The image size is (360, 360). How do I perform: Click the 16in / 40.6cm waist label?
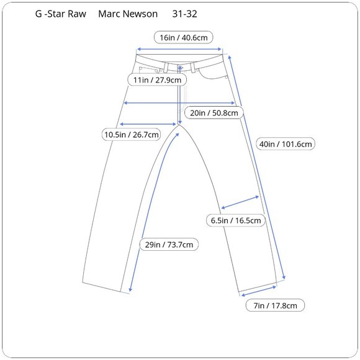pos(184,37)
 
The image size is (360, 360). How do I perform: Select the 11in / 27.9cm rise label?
pos(157,80)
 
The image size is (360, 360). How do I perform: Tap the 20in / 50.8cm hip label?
pos(214,113)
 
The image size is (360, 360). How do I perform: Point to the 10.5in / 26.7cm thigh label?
pos(132,134)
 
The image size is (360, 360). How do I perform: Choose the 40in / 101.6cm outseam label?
pos(286,144)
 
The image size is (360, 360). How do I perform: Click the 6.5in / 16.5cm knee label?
pos(236,220)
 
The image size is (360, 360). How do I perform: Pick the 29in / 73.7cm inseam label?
pos(169,245)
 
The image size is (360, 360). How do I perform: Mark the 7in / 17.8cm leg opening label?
pos(275,305)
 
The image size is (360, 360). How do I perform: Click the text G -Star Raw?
pos(61,14)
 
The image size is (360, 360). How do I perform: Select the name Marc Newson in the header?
pos(128,14)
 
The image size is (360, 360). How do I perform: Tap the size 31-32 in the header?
pos(184,14)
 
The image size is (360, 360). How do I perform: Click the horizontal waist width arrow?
pos(179,49)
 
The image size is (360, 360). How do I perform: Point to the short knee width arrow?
pos(240,202)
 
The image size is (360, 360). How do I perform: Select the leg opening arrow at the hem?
pos(259,291)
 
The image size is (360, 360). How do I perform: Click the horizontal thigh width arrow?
pos(148,124)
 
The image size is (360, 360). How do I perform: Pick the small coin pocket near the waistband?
pos(148,70)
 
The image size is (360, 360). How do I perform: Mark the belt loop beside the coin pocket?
pos(166,68)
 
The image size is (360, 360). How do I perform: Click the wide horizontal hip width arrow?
pos(179,103)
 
